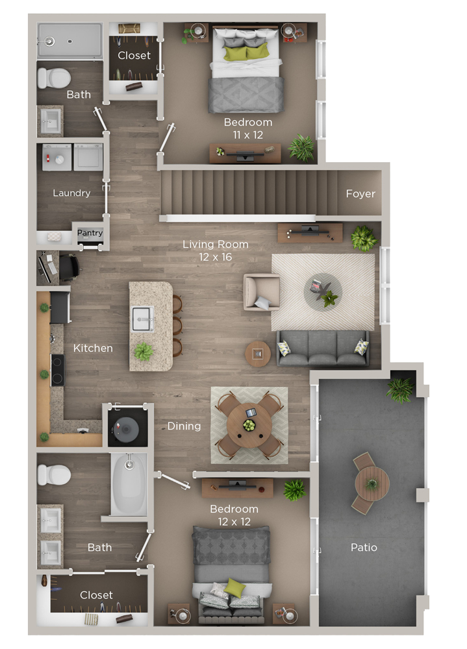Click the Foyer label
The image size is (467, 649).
(x=360, y=193)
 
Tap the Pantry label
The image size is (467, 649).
(x=90, y=232)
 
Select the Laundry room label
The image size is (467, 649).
(x=71, y=193)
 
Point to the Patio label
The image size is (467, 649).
(x=364, y=547)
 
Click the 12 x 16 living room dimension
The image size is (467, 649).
(x=216, y=257)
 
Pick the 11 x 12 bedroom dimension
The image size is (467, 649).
(x=248, y=135)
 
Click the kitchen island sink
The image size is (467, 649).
(x=142, y=319)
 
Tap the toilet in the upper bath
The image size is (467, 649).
(x=54, y=78)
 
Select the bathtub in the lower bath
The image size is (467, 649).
(x=129, y=484)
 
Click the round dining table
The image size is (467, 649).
(x=249, y=425)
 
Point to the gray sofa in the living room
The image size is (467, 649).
(x=323, y=349)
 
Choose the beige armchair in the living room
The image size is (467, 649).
(x=262, y=292)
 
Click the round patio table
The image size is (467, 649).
(x=372, y=484)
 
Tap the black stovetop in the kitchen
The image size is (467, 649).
(x=58, y=370)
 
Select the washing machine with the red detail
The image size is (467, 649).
(x=57, y=157)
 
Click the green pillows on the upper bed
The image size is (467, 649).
(x=247, y=53)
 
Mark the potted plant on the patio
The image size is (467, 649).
(x=400, y=389)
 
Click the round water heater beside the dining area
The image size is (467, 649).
(x=127, y=429)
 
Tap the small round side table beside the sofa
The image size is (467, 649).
(x=258, y=354)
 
